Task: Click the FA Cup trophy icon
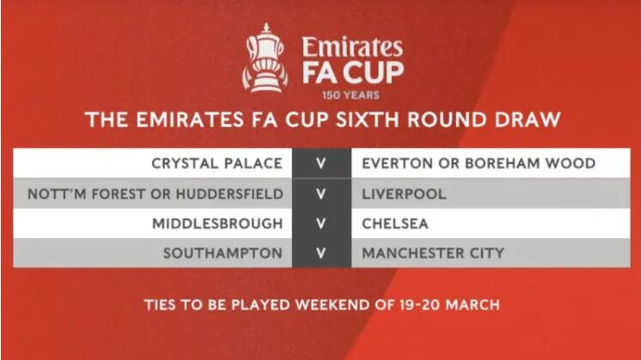[x=265, y=58]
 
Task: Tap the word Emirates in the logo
[x=352, y=47]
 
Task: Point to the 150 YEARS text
[x=351, y=95]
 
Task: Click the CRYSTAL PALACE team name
[x=217, y=163]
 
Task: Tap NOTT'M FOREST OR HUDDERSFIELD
[x=156, y=193]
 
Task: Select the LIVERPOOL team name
[x=404, y=193]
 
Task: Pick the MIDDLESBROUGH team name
[x=217, y=223]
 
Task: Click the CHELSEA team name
[x=395, y=223]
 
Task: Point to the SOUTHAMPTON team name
[x=223, y=253]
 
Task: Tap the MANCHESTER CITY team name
[x=433, y=253]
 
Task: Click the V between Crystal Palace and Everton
[x=320, y=163]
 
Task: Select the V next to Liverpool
[x=320, y=193]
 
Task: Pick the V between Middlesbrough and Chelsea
[x=320, y=223]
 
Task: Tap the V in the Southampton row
[x=320, y=253]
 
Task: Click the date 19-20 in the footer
[x=420, y=305]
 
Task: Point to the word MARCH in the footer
[x=473, y=305]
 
